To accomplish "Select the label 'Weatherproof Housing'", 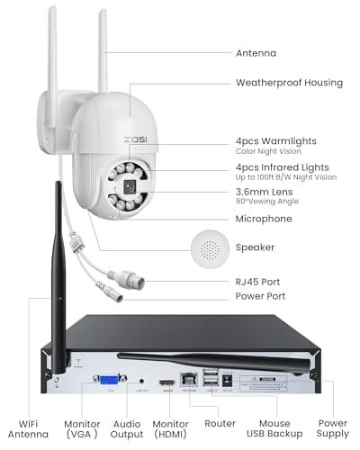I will [x=289, y=83].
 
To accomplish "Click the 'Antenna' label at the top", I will [x=256, y=52].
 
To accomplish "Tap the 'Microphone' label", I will [x=264, y=219].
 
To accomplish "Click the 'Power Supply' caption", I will [x=332, y=428].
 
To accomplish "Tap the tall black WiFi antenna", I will [x=57, y=270].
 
